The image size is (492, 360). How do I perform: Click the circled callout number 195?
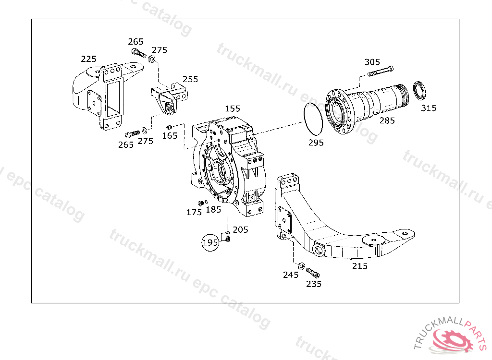tap(210, 242)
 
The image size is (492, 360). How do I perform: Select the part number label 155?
tap(233, 108)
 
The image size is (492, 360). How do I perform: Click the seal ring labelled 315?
tap(419, 90)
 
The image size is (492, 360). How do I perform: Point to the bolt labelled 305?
tap(380, 71)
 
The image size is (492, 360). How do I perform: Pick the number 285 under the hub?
tap(387, 120)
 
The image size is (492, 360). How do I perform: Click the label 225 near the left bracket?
tap(88, 59)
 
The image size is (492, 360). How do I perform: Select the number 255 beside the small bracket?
tap(190, 79)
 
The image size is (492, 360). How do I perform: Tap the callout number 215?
tap(359, 266)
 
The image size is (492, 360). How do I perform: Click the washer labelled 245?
tap(301, 266)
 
